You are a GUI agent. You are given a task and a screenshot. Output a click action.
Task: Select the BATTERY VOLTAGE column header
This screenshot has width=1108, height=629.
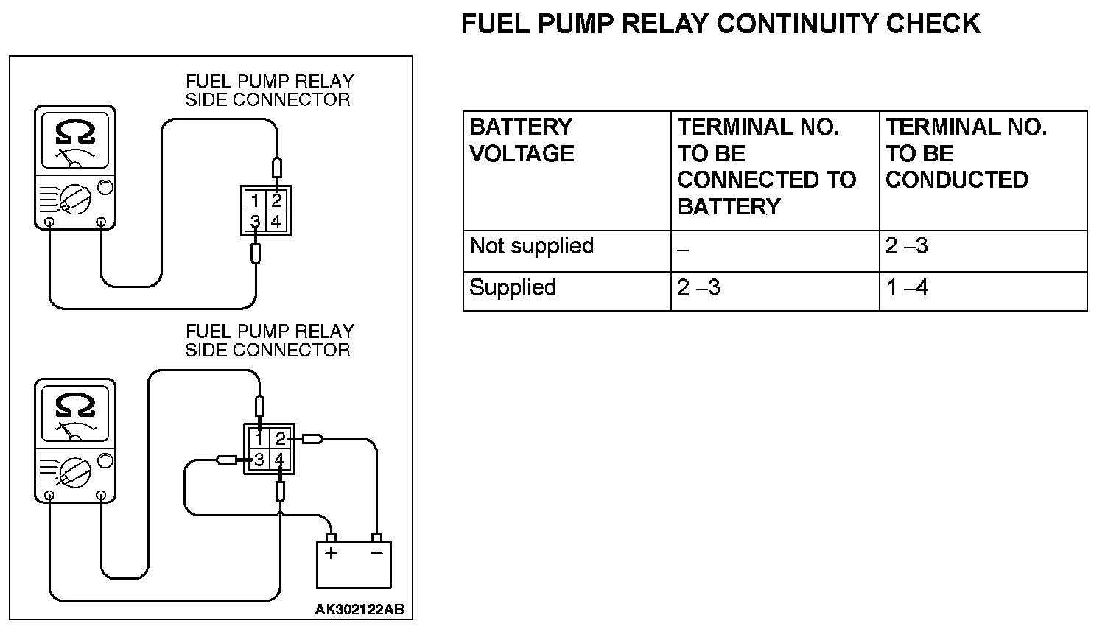(522, 140)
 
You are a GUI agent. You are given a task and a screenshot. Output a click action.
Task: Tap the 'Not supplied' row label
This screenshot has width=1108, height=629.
(531, 246)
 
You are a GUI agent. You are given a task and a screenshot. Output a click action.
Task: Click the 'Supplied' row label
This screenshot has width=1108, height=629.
(513, 287)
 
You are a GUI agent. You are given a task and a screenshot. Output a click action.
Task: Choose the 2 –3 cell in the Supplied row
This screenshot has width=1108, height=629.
(698, 287)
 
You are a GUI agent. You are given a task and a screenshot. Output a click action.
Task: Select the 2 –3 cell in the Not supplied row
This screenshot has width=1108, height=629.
(906, 246)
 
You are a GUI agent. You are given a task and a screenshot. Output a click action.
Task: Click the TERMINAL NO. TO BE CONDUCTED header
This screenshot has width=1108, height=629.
(965, 153)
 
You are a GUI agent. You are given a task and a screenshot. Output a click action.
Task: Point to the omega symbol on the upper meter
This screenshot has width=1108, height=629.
(74, 133)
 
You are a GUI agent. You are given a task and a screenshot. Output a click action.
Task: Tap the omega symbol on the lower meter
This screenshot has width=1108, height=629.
(74, 406)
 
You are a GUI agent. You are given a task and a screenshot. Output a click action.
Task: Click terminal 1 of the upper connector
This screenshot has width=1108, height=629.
(254, 201)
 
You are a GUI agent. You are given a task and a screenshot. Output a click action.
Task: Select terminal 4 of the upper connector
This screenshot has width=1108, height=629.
(276, 221)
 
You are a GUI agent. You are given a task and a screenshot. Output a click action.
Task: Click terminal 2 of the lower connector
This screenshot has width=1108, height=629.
(280, 439)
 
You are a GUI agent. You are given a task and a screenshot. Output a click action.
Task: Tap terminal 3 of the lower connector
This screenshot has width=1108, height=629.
(259, 460)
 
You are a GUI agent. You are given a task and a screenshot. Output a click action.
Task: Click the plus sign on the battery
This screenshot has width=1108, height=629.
(331, 552)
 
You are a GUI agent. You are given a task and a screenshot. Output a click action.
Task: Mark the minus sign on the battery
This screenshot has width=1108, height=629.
(377, 552)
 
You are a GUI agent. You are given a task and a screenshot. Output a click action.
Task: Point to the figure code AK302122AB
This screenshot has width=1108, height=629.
(359, 609)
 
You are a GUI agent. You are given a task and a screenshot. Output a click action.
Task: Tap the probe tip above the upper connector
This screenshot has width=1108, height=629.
(276, 167)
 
